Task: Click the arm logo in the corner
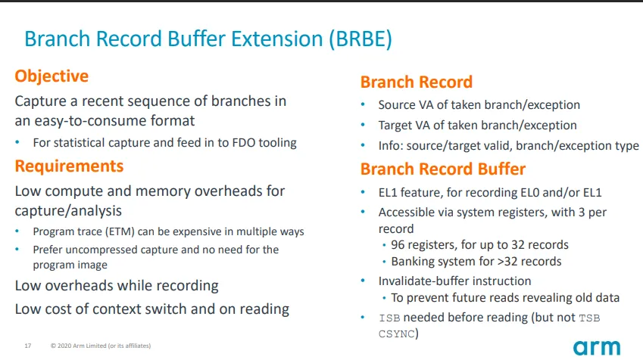(597, 348)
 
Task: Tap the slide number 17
(28, 346)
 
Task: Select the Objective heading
(52, 76)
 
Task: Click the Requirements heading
(70, 166)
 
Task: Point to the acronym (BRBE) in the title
(361, 39)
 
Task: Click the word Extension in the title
(277, 39)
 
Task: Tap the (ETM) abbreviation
(120, 231)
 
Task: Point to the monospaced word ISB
(389, 318)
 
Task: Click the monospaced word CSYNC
(397, 334)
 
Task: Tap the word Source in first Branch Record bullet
(397, 105)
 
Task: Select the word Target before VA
(395, 126)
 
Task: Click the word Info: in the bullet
(391, 146)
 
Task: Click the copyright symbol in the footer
(53, 346)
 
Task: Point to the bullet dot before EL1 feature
(363, 191)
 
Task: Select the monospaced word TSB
(589, 318)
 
